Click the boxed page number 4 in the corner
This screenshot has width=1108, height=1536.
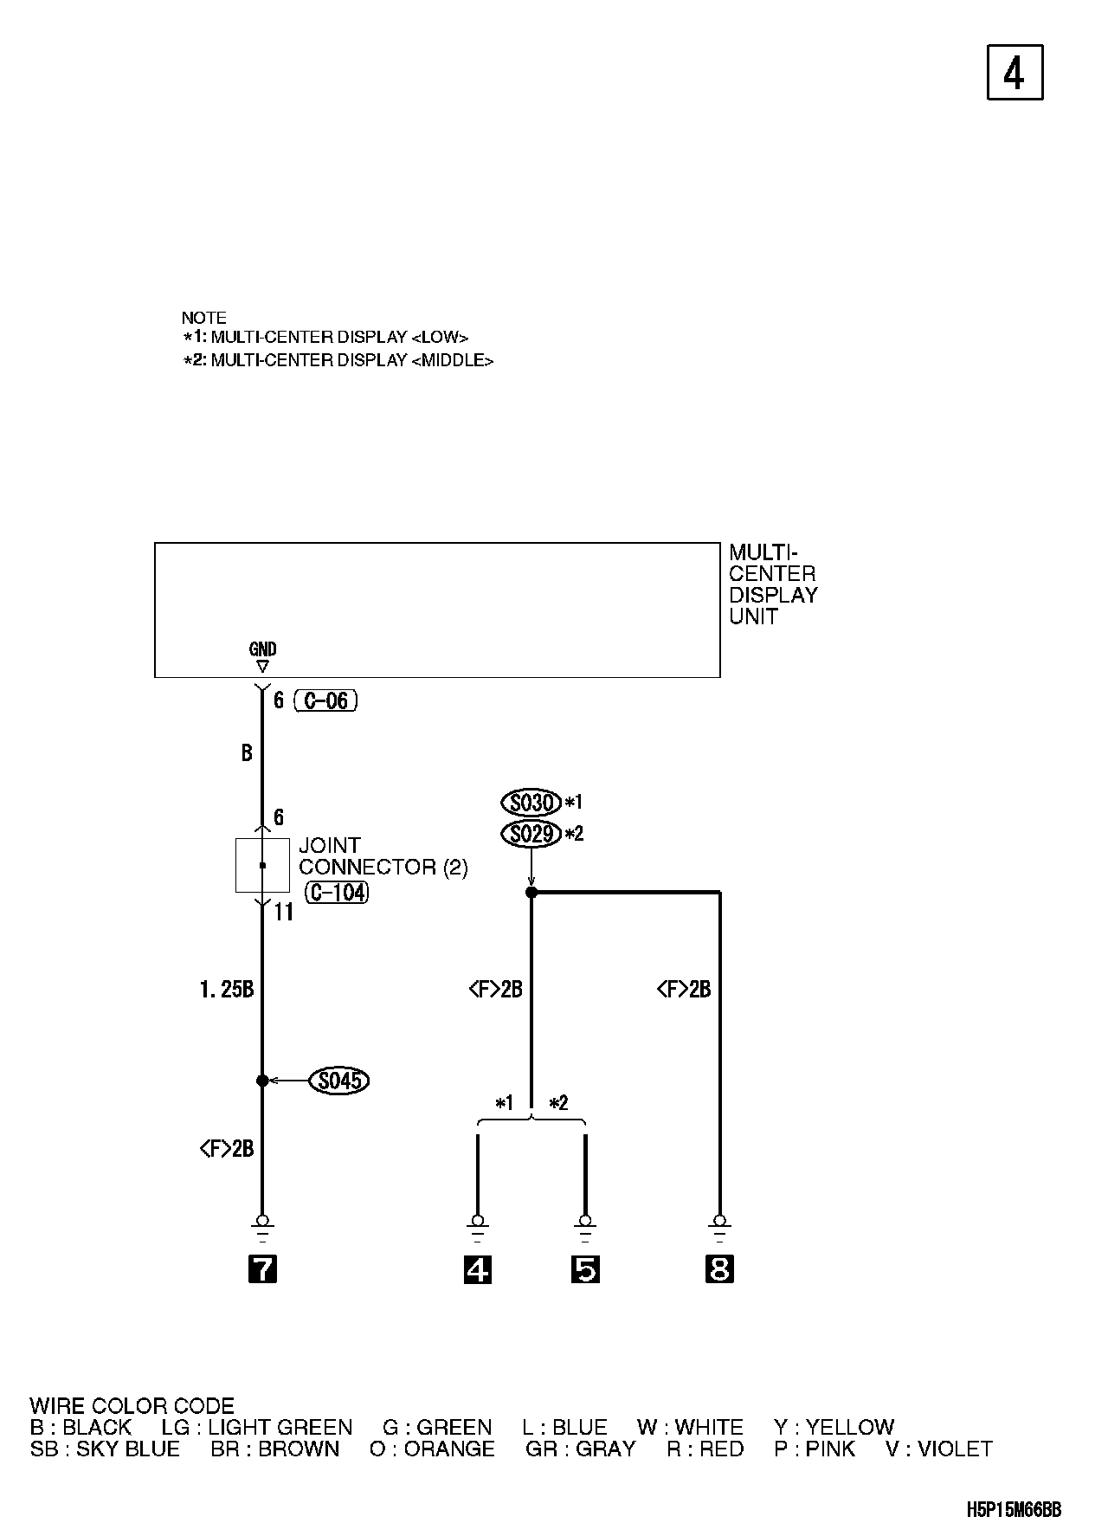tap(1015, 73)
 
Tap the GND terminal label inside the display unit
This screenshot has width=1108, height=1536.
tap(262, 649)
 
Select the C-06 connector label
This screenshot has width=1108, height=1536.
tap(326, 700)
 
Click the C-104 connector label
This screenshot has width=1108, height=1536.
tap(337, 892)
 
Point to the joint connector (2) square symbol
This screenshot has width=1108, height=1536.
tap(262, 865)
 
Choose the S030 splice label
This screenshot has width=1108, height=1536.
tap(531, 803)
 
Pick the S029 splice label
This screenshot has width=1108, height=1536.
tap(531, 834)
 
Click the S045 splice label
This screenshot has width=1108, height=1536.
tap(338, 1081)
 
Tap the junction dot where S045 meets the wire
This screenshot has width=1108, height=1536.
tap(262, 1081)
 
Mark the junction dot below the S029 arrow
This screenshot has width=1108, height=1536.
tap(531, 892)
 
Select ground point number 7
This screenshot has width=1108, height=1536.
tap(262, 1269)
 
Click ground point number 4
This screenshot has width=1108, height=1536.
tap(478, 1269)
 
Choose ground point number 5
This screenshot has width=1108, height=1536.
tap(585, 1269)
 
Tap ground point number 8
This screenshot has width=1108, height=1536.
tap(719, 1269)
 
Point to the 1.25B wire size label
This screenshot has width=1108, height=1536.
tap(227, 990)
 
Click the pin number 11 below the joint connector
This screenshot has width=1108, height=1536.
tap(283, 913)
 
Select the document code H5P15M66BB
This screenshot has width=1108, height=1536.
tap(1014, 1510)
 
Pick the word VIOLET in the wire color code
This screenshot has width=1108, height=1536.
tap(955, 1449)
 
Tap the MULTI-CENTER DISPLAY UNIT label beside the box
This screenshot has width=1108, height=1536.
tap(772, 584)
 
